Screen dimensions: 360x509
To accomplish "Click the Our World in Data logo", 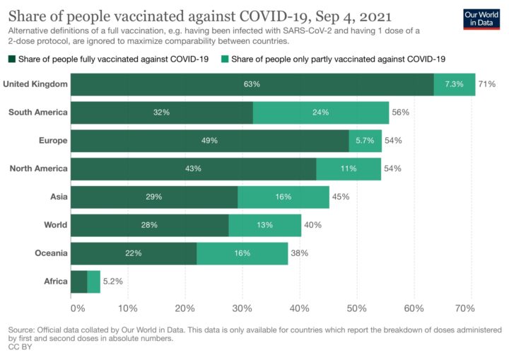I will pos(481,19).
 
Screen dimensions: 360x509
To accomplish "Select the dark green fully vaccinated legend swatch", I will pos(12,59).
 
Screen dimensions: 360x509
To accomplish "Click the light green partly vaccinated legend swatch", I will pos(226,59).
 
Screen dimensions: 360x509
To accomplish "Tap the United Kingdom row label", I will pos(35,84).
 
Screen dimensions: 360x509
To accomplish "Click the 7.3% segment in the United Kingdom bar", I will pos(454,84).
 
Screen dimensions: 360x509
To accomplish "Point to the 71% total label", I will pos(486,84).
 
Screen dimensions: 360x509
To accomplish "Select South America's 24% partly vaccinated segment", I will pos(321,112).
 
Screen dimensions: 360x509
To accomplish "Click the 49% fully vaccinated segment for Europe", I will pos(209,141).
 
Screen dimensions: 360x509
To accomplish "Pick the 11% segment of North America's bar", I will pos(349,169).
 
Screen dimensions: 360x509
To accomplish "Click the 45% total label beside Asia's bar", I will pos(340,197).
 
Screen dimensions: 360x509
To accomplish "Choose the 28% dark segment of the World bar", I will pos(149,225).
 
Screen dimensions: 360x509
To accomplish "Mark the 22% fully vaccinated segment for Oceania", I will pos(134,253).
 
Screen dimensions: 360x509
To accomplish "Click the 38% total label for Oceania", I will pos(299,253).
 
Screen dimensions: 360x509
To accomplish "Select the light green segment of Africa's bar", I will pos(93,281).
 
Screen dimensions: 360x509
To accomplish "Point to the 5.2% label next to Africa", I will pos(113,281).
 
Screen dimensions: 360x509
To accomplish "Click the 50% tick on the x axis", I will pos(356,308).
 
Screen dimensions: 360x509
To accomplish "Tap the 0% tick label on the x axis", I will pos(77,308).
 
